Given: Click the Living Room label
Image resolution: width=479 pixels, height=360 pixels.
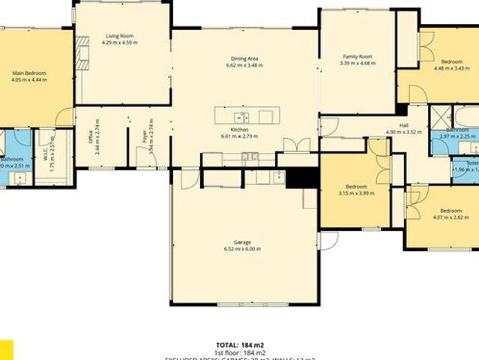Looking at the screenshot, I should pos(120,35).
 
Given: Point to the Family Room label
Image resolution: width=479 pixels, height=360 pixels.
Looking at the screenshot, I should pos(357,56).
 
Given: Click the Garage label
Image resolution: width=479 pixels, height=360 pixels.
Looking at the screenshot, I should pos(242,242).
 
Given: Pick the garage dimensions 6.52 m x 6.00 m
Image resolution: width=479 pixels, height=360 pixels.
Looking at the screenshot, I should pos(242,249).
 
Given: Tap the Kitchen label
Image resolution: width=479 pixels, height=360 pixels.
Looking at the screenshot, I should pos(240,130).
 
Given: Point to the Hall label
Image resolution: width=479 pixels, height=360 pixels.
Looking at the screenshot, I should pos(403,125).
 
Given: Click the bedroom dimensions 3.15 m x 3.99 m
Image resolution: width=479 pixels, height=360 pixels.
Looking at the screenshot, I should pos(356,193).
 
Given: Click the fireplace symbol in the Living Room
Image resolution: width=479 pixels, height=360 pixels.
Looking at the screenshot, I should pos(82,55).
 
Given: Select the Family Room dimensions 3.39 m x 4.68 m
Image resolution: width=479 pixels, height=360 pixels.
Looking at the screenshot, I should pos(357,63).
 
